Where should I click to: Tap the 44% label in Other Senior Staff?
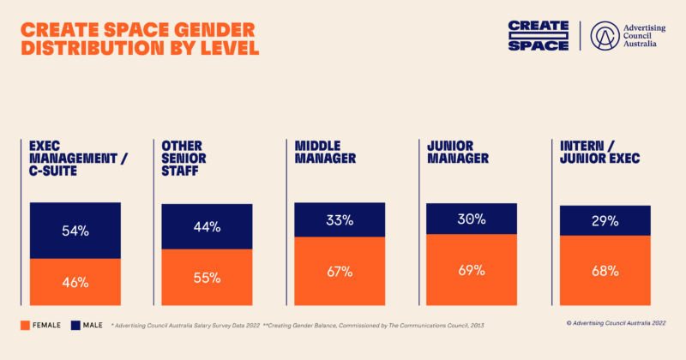(x=207, y=227)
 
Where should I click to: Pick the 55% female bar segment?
(x=207, y=277)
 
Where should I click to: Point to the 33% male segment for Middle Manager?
(x=340, y=220)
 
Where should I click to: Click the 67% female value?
(x=340, y=271)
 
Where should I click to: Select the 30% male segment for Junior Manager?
(x=472, y=219)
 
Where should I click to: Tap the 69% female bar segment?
(x=472, y=269)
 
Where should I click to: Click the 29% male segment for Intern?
(x=605, y=220)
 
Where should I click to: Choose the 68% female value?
(x=605, y=271)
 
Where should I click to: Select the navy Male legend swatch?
(x=75, y=325)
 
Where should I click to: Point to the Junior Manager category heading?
(x=458, y=152)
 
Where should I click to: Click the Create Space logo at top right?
(x=539, y=35)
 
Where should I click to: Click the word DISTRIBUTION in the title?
(x=92, y=47)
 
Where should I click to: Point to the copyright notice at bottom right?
(x=616, y=323)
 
